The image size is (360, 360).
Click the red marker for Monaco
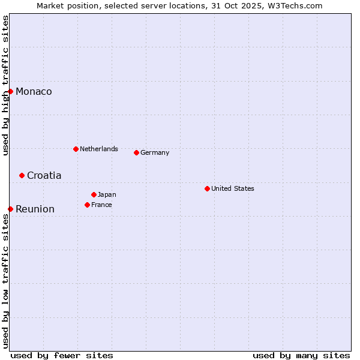(x=10, y=91)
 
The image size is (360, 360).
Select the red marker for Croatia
(x=22, y=175)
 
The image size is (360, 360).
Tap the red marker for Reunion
(x=10, y=209)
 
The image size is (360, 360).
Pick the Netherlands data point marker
(x=76, y=149)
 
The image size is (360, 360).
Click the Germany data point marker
(x=136, y=152)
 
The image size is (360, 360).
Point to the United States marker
(x=207, y=188)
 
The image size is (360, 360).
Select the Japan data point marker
(x=94, y=194)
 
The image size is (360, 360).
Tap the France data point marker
(x=87, y=205)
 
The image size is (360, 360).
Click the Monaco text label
(x=34, y=91)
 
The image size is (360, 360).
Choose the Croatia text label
(x=44, y=175)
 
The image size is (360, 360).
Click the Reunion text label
(x=35, y=209)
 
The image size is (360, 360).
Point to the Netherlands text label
(x=99, y=149)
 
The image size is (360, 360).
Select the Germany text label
(x=155, y=152)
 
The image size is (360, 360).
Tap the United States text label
(x=233, y=188)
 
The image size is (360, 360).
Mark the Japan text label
(x=107, y=194)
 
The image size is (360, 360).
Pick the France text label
(x=101, y=205)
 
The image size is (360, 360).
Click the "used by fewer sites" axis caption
(x=62, y=355)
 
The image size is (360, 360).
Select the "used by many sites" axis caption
(x=301, y=355)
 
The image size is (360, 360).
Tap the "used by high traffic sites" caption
(x=5, y=85)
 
